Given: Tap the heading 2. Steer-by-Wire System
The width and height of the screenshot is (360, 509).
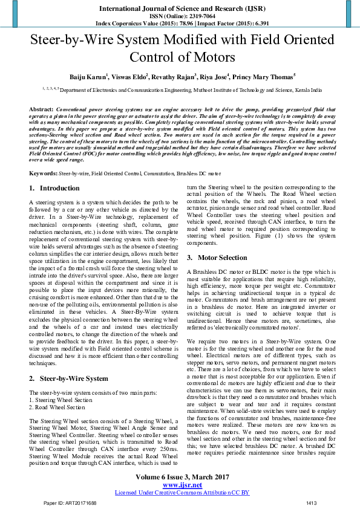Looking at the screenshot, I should (68, 361).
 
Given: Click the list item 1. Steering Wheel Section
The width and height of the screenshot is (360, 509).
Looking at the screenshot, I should (61, 383).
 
